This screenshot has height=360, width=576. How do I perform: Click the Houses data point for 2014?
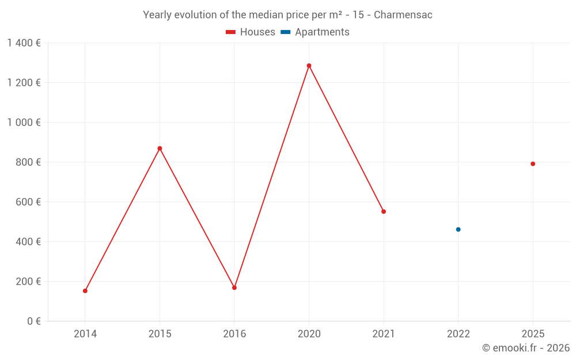[x=85, y=291]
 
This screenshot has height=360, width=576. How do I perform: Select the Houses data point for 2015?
[x=160, y=149]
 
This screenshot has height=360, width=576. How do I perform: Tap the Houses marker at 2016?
[x=234, y=287]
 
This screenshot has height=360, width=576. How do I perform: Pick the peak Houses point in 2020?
[x=309, y=66]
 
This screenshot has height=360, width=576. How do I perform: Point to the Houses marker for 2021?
[x=384, y=211]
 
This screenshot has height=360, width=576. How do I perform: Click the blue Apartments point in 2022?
[x=458, y=229]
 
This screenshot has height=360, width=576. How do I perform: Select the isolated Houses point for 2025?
[x=533, y=164]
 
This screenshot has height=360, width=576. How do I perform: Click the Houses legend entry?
[x=251, y=32]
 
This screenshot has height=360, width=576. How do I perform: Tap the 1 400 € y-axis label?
[x=24, y=43]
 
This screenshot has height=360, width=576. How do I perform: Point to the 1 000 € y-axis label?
[x=24, y=122]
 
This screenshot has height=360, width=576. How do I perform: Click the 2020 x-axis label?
[x=309, y=334]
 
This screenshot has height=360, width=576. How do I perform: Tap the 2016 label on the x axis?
[x=234, y=334]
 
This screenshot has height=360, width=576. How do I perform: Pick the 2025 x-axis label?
[x=533, y=334]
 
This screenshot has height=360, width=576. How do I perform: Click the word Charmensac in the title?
[x=403, y=15]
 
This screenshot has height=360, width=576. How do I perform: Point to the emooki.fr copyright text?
[x=526, y=348]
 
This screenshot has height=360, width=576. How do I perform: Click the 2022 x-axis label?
[x=458, y=334]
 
